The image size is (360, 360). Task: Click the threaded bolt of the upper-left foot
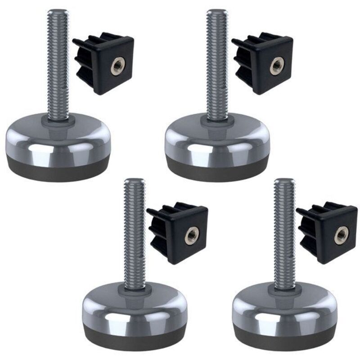pyautogui.click(x=58, y=63)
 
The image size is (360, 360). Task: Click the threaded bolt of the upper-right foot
pyautogui.click(x=216, y=63)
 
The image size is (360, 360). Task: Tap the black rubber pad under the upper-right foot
pyautogui.click(x=218, y=173)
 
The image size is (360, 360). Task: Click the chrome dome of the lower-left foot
pyautogui.click(x=135, y=306)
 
